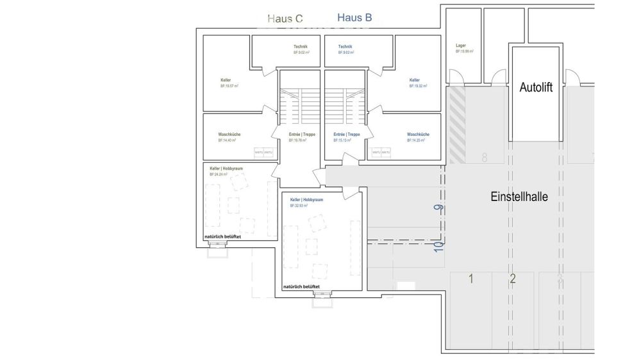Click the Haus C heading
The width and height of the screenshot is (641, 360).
(x=285, y=19)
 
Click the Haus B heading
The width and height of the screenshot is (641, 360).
(x=354, y=18)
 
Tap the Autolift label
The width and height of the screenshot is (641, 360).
(x=535, y=88)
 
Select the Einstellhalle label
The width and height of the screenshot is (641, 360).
(x=519, y=197)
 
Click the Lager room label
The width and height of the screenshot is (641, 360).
(x=460, y=46)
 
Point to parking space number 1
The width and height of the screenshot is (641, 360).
(x=470, y=278)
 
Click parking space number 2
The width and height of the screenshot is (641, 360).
(x=512, y=278)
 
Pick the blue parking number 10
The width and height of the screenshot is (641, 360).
(x=438, y=245)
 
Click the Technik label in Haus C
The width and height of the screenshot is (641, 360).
(x=300, y=47)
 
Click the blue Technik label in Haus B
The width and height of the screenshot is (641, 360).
(x=345, y=47)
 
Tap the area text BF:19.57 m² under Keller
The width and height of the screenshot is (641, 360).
(x=229, y=85)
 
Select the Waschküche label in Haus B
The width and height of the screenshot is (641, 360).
(x=418, y=135)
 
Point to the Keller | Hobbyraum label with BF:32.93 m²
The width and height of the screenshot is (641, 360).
(x=306, y=200)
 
